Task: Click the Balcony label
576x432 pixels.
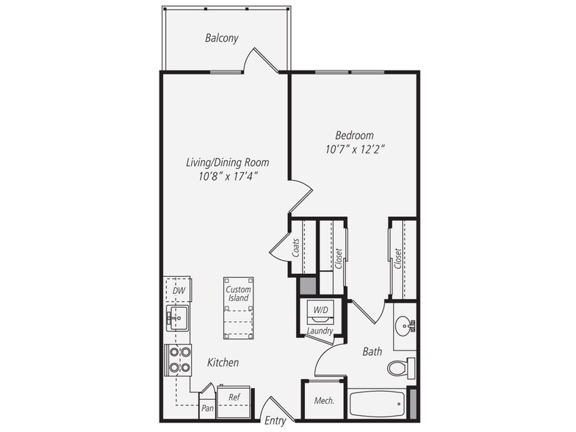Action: pyautogui.click(x=222, y=38)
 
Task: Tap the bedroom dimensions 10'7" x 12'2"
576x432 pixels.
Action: pyautogui.click(x=355, y=150)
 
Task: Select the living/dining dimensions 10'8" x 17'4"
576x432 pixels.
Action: pyautogui.click(x=228, y=176)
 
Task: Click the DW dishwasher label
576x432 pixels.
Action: pyautogui.click(x=179, y=291)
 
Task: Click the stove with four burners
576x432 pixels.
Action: pyautogui.click(x=178, y=360)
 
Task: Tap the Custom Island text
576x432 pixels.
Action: pyautogui.click(x=238, y=294)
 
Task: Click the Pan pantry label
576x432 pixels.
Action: pyautogui.click(x=207, y=408)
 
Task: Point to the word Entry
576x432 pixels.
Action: pyautogui.click(x=275, y=421)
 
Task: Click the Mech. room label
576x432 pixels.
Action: pyautogui.click(x=324, y=400)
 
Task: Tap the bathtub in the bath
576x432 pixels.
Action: pyautogui.click(x=376, y=404)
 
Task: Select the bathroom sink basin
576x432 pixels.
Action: pyautogui.click(x=404, y=325)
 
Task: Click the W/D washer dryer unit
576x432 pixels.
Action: pyautogui.click(x=320, y=311)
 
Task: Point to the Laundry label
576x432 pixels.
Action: pyautogui.click(x=320, y=331)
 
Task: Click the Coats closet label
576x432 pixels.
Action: pyautogui.click(x=296, y=248)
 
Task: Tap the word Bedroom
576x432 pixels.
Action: pyautogui.click(x=354, y=135)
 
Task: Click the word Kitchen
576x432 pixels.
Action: pyautogui.click(x=223, y=363)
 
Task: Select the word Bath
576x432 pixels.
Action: pyautogui.click(x=372, y=351)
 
